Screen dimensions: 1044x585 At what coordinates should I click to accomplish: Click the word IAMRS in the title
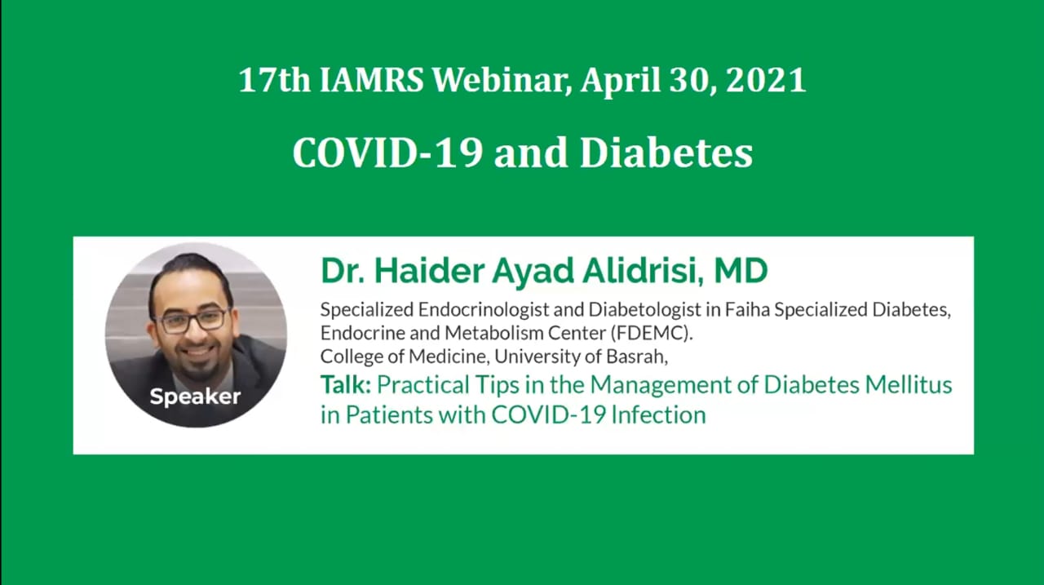[371, 80]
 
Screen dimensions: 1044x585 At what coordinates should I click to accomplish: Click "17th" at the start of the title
[275, 80]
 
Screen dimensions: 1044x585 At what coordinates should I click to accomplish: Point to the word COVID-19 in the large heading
[387, 153]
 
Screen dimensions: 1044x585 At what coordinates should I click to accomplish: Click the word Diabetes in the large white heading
[666, 153]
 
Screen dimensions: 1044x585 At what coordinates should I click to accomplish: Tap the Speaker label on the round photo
[195, 397]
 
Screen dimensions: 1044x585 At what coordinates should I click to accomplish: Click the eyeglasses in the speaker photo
[190, 321]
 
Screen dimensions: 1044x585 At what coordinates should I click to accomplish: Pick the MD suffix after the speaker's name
[741, 271]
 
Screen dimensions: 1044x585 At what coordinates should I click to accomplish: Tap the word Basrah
[637, 357]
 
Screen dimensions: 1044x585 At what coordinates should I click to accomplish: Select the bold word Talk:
[345, 385]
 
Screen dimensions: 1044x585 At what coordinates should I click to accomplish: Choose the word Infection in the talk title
[658, 414]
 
